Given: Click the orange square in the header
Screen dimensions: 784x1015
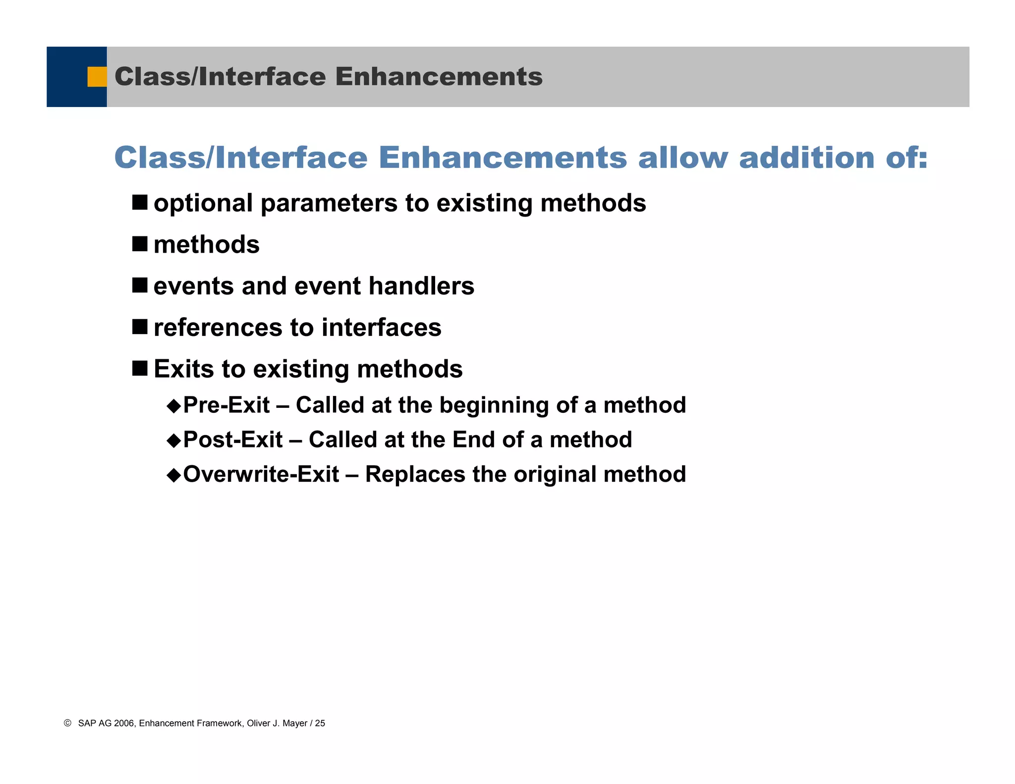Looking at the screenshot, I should tap(97, 77).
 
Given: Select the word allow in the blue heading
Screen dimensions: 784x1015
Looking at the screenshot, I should tap(683, 158).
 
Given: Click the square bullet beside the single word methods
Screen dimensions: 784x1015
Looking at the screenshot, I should tap(140, 244).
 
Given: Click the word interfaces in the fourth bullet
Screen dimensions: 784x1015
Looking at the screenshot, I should tap(381, 328).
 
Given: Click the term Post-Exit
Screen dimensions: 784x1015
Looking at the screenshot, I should tap(233, 440).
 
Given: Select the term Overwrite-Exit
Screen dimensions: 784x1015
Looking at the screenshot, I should tap(261, 474).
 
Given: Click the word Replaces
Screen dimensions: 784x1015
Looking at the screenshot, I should tap(415, 474).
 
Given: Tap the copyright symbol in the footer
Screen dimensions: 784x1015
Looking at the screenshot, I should tap(68, 723).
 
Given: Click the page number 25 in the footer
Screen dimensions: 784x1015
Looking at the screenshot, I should tap(320, 723).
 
